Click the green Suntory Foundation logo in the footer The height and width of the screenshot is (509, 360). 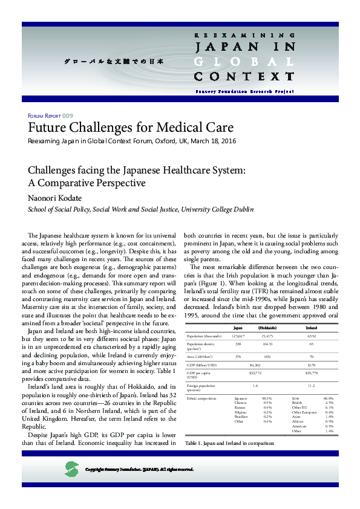[x=71, y=468]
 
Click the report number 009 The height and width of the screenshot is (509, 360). [x=68, y=115]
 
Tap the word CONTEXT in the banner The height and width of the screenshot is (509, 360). [x=244, y=76]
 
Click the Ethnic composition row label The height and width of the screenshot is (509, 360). [x=200, y=399]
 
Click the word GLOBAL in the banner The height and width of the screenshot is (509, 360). [x=244, y=61]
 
